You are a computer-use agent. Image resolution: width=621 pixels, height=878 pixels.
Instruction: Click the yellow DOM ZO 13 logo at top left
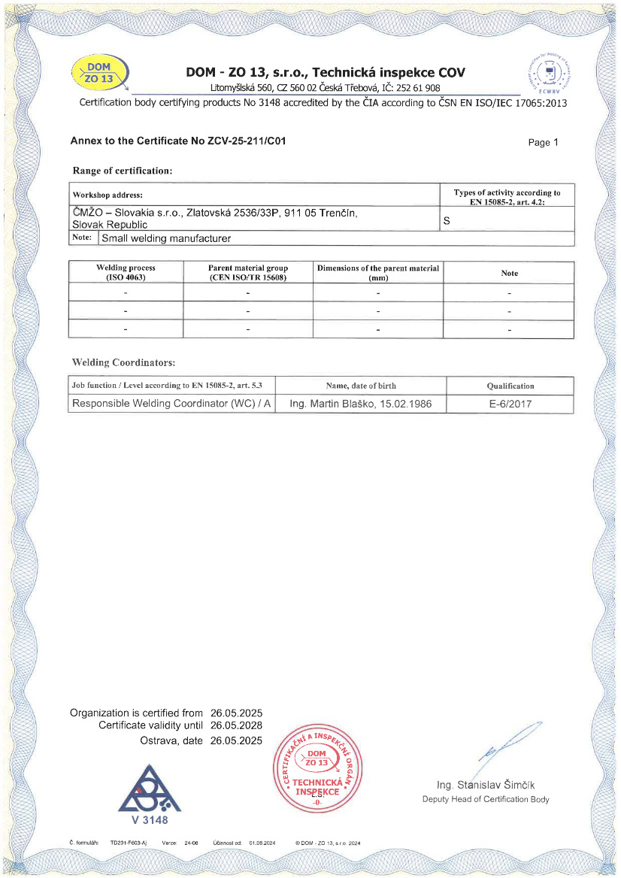click(x=101, y=73)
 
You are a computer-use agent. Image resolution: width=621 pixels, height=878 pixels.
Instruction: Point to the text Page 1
click(x=544, y=143)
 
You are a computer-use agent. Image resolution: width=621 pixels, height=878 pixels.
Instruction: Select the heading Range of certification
click(x=123, y=171)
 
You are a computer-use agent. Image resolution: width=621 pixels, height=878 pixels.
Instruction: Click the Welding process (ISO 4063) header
click(x=126, y=272)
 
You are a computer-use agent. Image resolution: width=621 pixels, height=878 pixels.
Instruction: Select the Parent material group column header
click(x=247, y=272)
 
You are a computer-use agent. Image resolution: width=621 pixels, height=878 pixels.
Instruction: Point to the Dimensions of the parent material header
click(x=378, y=272)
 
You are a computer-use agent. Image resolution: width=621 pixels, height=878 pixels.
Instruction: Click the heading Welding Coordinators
click(x=123, y=362)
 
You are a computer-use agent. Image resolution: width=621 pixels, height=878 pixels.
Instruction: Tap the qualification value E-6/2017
click(x=510, y=404)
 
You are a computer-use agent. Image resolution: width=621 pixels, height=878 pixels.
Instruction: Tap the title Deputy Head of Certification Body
click(x=486, y=799)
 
